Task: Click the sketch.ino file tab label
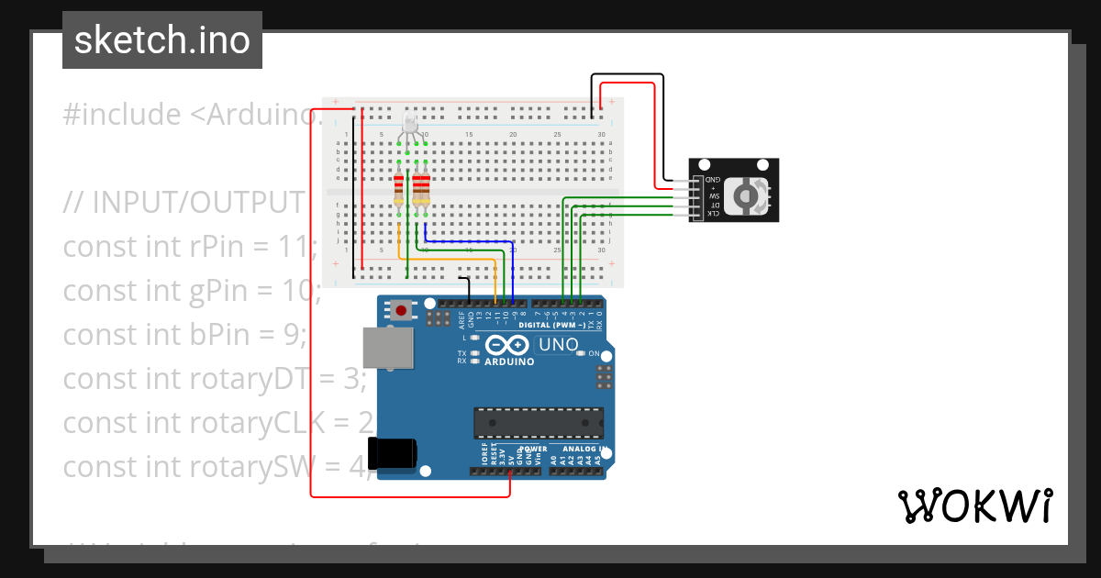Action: coord(162,40)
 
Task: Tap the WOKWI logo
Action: coord(973,506)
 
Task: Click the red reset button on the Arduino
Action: coord(401,310)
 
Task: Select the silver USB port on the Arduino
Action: coord(387,349)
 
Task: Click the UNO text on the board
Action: coord(558,345)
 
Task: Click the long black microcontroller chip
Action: coord(538,423)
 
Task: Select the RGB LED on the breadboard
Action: coord(409,124)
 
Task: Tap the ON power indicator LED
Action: coord(582,354)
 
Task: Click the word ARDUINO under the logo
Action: coord(508,361)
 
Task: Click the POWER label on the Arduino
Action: coord(534,450)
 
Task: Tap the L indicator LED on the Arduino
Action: coord(474,338)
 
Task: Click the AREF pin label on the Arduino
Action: coord(461,318)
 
